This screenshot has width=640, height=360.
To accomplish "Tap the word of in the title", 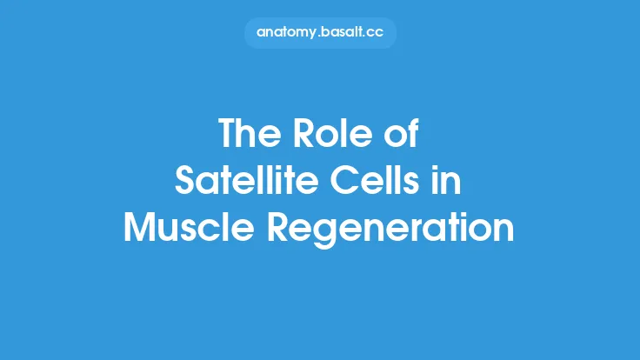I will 402,135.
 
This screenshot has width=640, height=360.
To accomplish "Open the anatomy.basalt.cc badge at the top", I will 320,32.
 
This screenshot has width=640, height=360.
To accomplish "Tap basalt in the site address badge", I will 343,32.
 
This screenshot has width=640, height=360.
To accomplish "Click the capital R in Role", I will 302,135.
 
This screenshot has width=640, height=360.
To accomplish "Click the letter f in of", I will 413,135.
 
